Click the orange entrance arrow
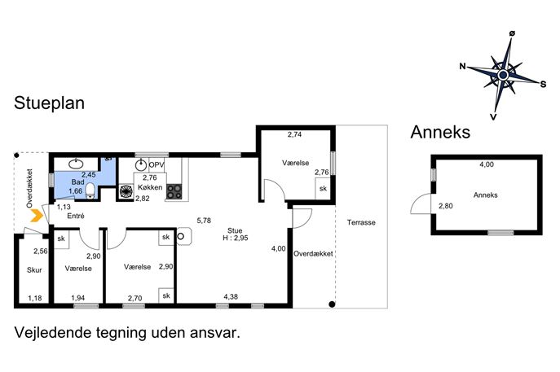[x=37, y=216]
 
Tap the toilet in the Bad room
[x=90, y=190]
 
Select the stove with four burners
[x=174, y=191]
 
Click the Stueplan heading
[x=49, y=103]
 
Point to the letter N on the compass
[x=463, y=66]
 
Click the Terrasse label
[x=361, y=222]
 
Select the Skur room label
[x=34, y=270]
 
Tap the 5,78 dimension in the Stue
[x=204, y=221]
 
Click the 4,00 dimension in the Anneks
[x=487, y=164]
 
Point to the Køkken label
[x=150, y=187]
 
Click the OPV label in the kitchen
[x=156, y=165]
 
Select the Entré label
[x=76, y=216]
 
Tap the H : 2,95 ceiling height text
[x=235, y=238]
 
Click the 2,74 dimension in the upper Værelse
[x=294, y=134]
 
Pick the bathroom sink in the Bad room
[x=76, y=164]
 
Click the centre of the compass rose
[x=503, y=75]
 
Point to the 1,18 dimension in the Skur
[x=35, y=298]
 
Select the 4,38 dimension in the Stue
[x=231, y=296]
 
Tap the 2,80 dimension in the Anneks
[x=446, y=206]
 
